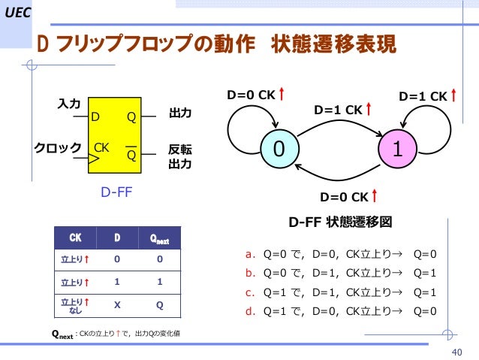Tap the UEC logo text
17,10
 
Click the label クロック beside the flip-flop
57,148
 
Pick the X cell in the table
117,306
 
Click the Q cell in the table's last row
158,306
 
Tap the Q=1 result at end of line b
425,273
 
